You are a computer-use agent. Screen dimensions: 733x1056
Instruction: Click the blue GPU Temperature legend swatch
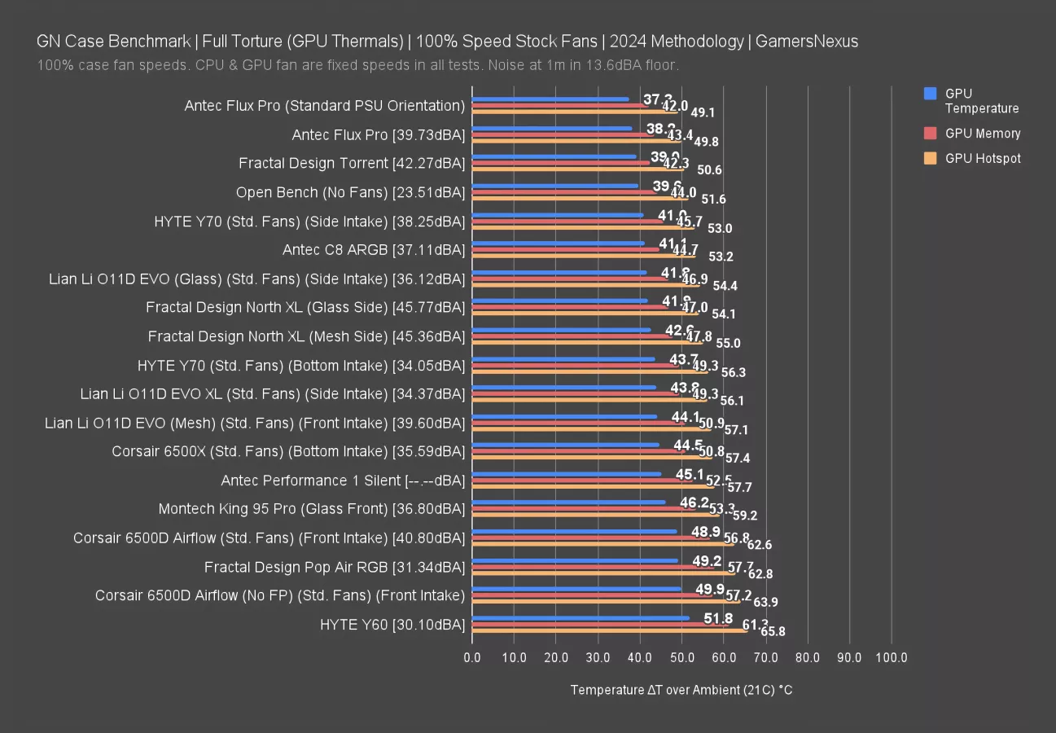(931, 94)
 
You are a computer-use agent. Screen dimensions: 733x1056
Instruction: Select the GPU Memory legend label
(983, 134)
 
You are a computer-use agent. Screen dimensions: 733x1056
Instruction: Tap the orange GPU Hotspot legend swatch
(931, 159)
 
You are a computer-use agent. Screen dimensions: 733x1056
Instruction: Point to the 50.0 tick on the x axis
(682, 658)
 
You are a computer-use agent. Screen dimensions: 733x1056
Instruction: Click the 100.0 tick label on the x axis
(892, 658)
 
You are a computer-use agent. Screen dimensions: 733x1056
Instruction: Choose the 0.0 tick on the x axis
(472, 658)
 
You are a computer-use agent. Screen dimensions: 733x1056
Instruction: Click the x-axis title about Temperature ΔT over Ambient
(681, 691)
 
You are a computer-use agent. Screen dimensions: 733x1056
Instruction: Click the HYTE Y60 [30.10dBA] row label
(392, 625)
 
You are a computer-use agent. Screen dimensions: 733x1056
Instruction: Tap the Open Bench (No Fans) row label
(350, 192)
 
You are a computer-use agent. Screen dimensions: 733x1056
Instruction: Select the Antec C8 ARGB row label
(374, 250)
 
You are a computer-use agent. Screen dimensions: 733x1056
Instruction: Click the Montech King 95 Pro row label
(312, 509)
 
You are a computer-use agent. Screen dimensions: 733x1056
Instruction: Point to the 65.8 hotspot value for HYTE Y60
(773, 632)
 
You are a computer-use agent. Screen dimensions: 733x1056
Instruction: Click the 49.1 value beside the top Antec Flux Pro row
(703, 113)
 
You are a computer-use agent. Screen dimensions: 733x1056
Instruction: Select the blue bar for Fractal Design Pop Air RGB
(575, 560)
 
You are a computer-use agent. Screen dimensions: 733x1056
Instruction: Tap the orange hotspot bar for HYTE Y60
(610, 630)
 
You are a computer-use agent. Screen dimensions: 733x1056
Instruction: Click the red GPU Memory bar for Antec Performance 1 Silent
(582, 480)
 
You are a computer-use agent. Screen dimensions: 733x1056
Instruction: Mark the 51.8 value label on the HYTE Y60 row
(718, 619)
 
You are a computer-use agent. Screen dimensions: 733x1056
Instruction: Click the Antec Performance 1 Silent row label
(343, 481)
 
